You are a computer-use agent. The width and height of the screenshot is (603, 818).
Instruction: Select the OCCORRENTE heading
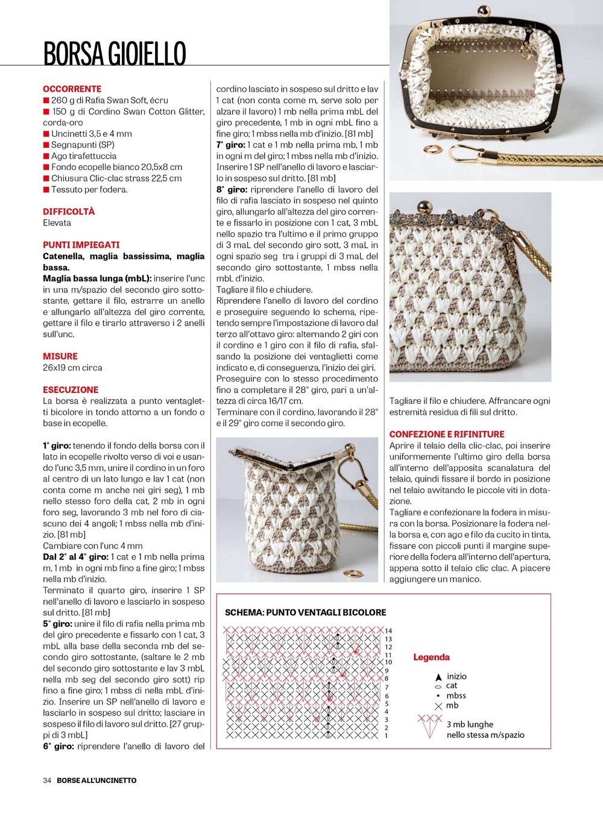pos(72,89)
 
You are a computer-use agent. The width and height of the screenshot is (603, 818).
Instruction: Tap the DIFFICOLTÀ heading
pos(69,212)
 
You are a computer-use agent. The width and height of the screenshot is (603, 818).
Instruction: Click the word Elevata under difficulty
pos(57,222)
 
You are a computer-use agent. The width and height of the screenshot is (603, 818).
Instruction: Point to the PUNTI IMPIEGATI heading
pos(81,245)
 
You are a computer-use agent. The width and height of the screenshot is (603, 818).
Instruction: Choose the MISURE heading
pos(60,356)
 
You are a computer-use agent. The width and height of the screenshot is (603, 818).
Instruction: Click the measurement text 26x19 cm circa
pos(72,367)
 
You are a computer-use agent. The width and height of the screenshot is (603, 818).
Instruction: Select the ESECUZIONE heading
pos(71,390)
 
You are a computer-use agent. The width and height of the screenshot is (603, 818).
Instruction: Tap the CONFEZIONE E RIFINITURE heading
pos(447,434)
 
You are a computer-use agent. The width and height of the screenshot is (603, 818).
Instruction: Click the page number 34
pos(47,780)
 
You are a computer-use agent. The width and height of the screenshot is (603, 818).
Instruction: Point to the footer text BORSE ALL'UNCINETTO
pos(96,780)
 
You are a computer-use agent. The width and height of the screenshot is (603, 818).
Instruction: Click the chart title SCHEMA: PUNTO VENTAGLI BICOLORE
pos(305,612)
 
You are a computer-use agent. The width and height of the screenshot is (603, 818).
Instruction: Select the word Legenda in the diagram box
pos(431,657)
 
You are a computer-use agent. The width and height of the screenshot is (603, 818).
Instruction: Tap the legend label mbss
pos(456,696)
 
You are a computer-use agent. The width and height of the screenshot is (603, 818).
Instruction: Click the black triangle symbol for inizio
pos(438,678)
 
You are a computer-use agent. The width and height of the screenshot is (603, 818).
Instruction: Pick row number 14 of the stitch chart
pos(388,631)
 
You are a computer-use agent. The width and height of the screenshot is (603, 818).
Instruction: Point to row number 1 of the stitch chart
pos(386,735)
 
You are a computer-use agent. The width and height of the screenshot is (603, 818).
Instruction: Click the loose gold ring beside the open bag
pos(432,149)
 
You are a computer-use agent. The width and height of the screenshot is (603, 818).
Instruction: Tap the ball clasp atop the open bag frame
pos(483,11)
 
